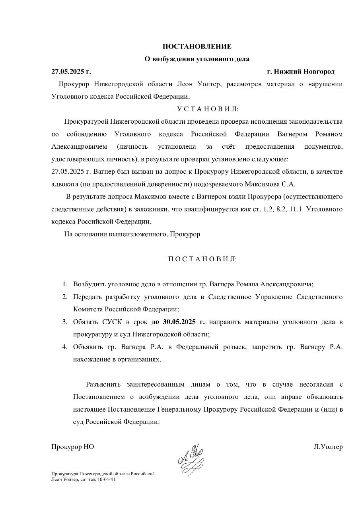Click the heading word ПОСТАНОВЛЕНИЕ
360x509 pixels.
(197, 47)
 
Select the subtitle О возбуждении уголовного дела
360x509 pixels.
(197, 59)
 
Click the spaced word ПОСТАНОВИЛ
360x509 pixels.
(202, 259)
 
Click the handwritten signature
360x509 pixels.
(191, 458)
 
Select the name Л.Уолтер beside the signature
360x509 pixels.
(328, 447)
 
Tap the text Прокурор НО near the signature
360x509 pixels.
(72, 447)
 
